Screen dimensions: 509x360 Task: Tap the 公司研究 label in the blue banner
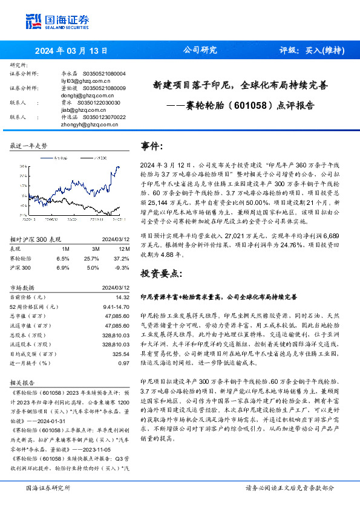[200, 50]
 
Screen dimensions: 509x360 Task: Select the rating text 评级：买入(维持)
[312, 50]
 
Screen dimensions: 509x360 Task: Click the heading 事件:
[152, 147]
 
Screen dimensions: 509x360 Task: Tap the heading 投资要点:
[160, 273]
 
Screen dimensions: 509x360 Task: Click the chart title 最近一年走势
[28, 146]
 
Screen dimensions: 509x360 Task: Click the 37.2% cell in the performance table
[122, 258]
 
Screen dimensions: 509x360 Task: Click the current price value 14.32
[123, 297]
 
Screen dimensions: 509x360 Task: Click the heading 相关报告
[23, 382]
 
